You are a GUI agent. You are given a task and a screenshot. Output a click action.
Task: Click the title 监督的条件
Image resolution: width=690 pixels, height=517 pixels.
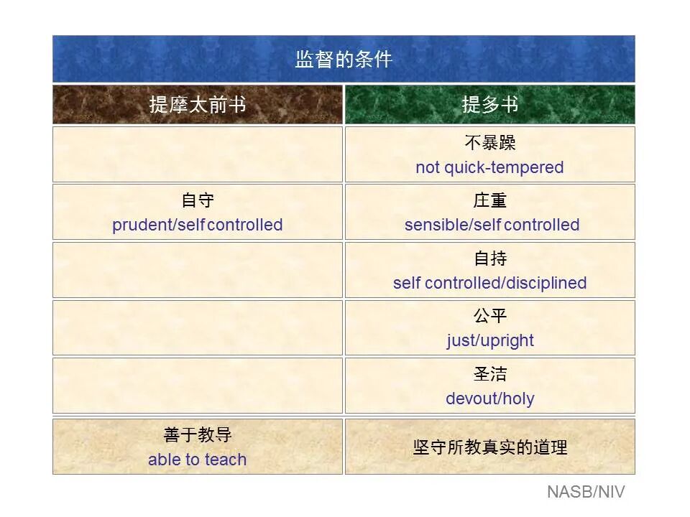(x=344, y=59)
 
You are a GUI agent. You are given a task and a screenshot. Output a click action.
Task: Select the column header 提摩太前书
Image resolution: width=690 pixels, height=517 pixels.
(x=198, y=105)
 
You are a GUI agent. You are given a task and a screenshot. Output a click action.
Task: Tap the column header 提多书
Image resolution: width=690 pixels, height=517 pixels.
(x=490, y=105)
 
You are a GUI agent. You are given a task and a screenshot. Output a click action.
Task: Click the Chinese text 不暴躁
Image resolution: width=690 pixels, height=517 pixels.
(x=490, y=143)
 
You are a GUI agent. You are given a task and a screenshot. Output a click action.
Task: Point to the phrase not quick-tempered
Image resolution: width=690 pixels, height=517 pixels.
(x=489, y=167)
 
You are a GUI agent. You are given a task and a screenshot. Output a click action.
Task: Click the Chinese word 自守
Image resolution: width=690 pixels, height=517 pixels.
(x=198, y=200)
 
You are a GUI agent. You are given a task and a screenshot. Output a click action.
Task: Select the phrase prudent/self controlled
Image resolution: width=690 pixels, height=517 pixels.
(x=198, y=225)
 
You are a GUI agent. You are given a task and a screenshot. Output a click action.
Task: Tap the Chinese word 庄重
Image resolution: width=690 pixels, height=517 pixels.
(x=490, y=200)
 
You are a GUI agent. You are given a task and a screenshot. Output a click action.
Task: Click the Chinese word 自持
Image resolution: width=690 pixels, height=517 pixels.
(x=490, y=258)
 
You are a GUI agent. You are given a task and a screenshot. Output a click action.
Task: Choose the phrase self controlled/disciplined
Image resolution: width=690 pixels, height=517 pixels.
(x=489, y=283)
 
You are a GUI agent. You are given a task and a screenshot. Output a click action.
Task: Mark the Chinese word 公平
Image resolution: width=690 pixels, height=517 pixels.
(x=490, y=316)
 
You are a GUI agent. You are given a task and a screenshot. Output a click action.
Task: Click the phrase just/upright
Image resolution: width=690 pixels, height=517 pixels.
(x=490, y=340)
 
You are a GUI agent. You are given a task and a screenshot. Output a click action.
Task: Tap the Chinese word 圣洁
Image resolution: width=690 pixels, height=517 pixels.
(x=490, y=374)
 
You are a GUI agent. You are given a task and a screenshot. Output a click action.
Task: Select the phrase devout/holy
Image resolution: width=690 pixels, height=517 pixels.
(x=490, y=399)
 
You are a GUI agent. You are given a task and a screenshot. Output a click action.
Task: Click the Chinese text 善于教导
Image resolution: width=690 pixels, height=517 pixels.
(x=198, y=435)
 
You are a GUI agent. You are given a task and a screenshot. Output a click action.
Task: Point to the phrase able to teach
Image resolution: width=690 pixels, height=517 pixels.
(x=198, y=460)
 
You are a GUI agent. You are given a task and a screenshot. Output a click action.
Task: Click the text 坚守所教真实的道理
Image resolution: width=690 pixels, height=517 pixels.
(x=490, y=447)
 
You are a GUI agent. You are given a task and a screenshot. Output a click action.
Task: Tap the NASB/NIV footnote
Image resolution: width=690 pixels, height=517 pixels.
(x=586, y=492)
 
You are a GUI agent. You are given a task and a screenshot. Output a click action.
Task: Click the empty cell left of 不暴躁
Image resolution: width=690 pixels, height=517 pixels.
(x=198, y=154)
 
